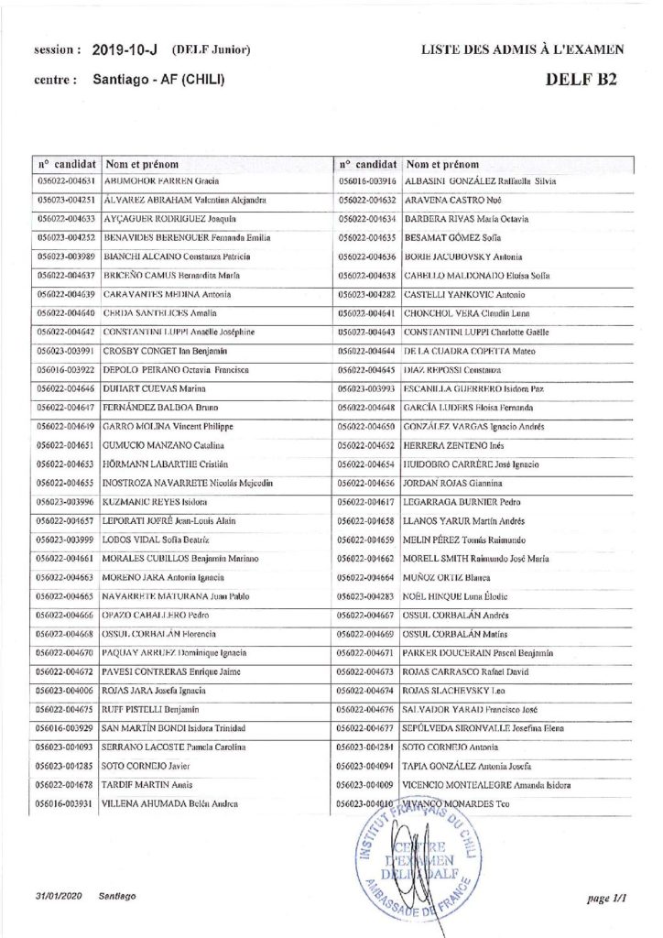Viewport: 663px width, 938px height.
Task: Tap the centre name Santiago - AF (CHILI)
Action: click(x=159, y=80)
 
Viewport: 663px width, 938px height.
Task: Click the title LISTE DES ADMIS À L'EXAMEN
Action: click(x=523, y=49)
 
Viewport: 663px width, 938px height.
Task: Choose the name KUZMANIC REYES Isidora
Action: click(x=157, y=502)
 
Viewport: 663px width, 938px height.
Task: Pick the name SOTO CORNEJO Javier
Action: click(x=147, y=766)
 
